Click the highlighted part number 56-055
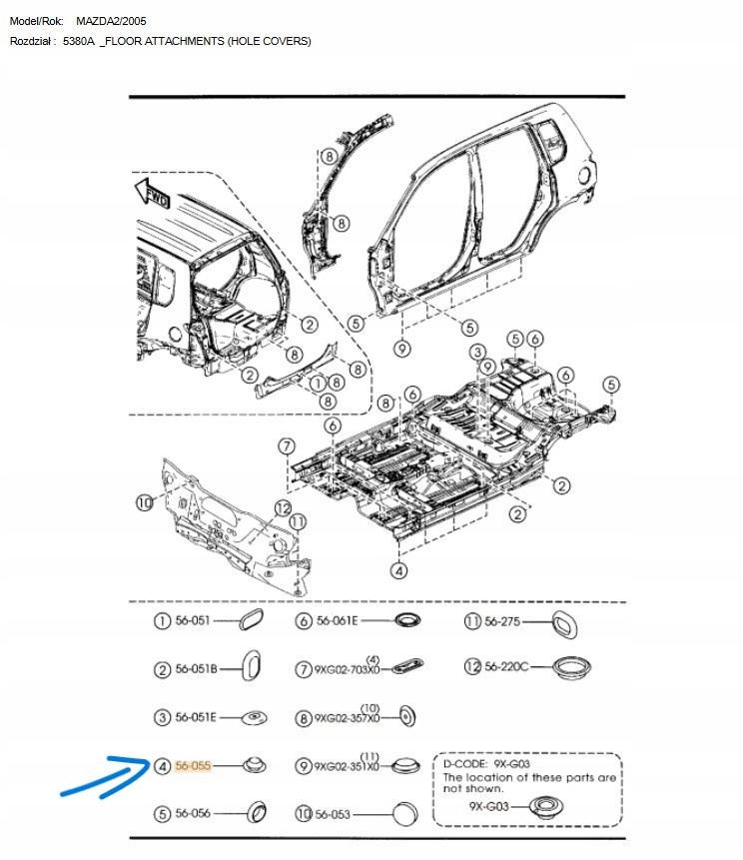point(194,766)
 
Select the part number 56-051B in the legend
point(196,669)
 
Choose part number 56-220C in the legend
point(506,666)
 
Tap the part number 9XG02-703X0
point(346,669)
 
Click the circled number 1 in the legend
point(161,621)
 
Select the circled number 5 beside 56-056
point(161,814)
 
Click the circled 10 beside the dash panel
point(145,501)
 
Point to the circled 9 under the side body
point(401,349)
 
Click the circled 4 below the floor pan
point(398,571)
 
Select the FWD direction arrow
point(153,192)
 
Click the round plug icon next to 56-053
point(403,814)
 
